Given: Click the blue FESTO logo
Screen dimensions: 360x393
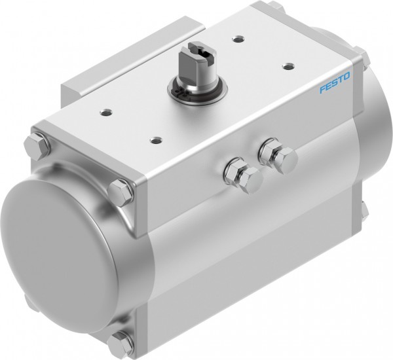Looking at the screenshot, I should coord(335,84).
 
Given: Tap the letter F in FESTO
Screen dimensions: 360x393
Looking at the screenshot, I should coord(322,90).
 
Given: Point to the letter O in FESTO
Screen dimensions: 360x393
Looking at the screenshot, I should coord(347,78).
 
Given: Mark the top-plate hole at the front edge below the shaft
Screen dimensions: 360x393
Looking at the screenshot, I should coord(155,138).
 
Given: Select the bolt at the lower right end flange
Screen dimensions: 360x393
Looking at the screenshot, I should coord(364,209).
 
